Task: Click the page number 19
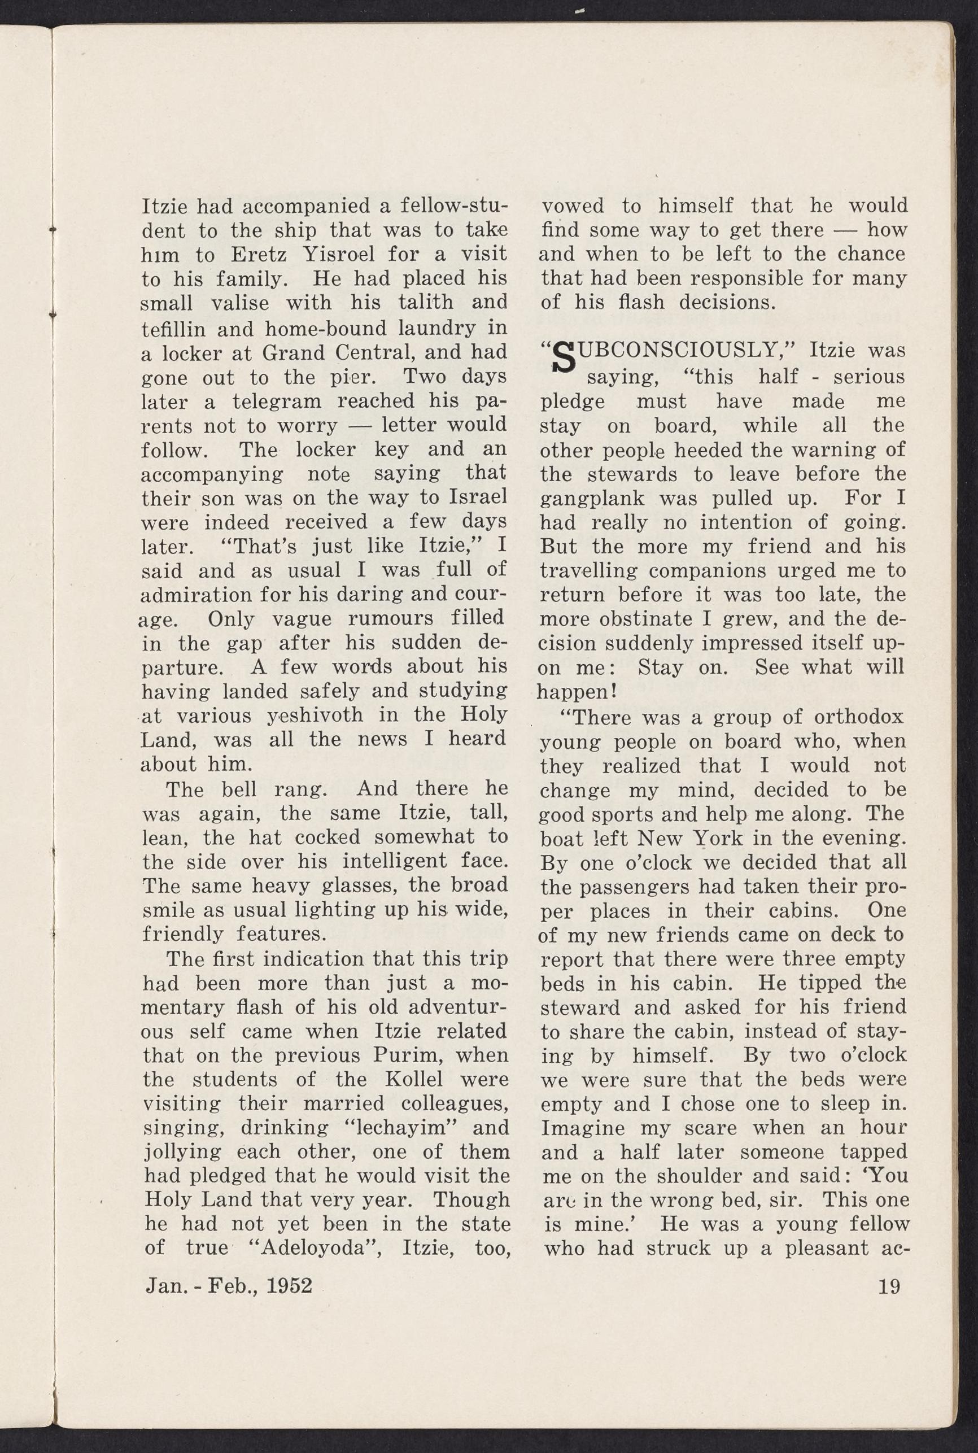(888, 1286)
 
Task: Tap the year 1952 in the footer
(288, 1286)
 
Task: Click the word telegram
(276, 401)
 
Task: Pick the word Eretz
(264, 255)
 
